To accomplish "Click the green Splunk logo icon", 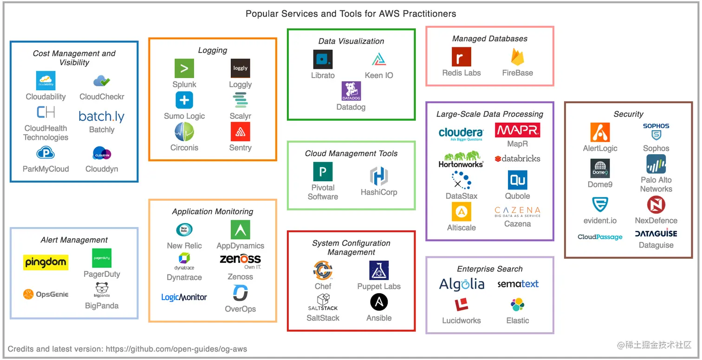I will [x=184, y=68].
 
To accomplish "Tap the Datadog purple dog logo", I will [x=351, y=91].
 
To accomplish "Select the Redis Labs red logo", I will [x=461, y=57].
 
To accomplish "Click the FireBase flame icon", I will [x=517, y=57].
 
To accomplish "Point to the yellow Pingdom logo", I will [x=45, y=262].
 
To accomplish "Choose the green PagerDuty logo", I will [x=102, y=258].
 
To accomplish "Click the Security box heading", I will [x=628, y=114].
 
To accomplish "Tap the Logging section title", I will [x=213, y=50].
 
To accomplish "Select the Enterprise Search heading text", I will [x=489, y=269].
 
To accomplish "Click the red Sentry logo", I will [x=240, y=131].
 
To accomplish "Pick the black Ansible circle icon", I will [x=379, y=302].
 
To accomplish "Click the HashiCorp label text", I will [x=379, y=192].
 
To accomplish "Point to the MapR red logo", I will [x=517, y=130].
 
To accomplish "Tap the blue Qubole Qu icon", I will [x=517, y=180].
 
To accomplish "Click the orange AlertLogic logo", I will [x=600, y=132].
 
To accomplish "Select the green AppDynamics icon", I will [x=240, y=229].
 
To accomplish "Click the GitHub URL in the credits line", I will [x=176, y=349].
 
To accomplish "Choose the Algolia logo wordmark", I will [x=461, y=284].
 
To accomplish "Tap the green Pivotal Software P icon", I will [x=323, y=172].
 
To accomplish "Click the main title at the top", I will [x=351, y=13].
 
